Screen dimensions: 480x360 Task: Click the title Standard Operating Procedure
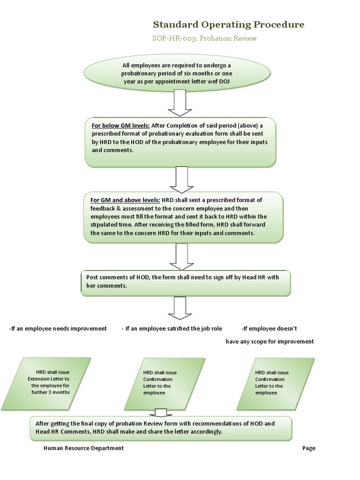[229, 24]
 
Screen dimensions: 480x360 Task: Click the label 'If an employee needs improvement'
[58, 329]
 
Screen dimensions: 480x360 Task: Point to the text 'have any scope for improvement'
[270, 342]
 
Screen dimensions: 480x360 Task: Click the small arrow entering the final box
[161, 412]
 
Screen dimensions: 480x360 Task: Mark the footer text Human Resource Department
[83, 448]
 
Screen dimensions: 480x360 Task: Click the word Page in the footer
[308, 448]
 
